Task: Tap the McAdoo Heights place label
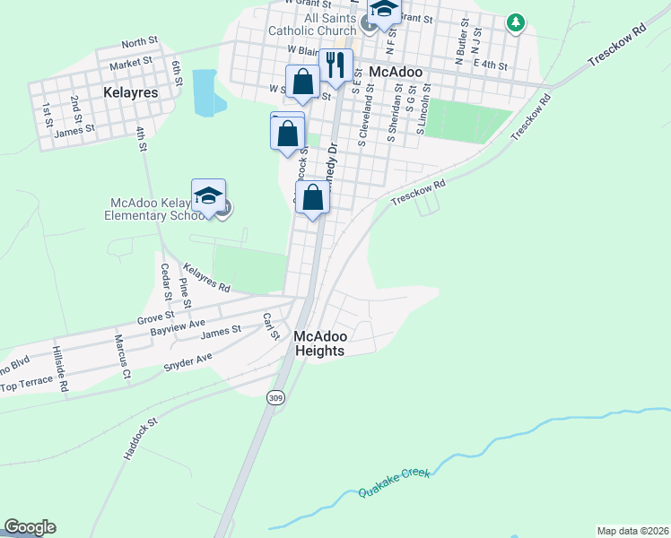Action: [319, 343]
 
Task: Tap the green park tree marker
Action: [515, 22]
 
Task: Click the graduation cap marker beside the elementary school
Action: [208, 196]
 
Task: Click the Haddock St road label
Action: [140, 438]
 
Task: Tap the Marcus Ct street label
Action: [122, 356]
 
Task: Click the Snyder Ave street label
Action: [187, 362]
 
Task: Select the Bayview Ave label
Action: [178, 325]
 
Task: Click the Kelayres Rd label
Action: [205, 277]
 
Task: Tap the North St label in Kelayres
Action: [139, 43]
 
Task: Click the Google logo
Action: [30, 527]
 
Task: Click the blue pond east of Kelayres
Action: [204, 92]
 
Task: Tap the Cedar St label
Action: [164, 282]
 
